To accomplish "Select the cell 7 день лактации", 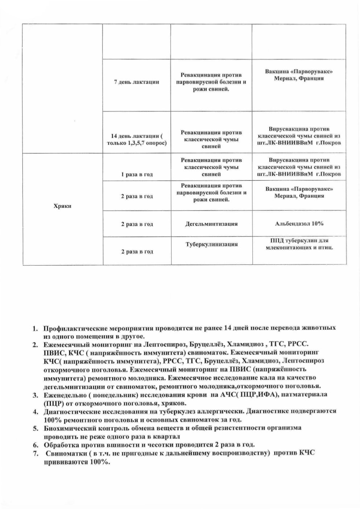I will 136,82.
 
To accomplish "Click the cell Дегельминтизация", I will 211,224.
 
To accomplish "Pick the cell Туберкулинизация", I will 211,244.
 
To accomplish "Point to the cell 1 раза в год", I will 137,174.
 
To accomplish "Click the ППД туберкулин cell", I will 299,244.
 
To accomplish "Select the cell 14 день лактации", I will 136,139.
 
